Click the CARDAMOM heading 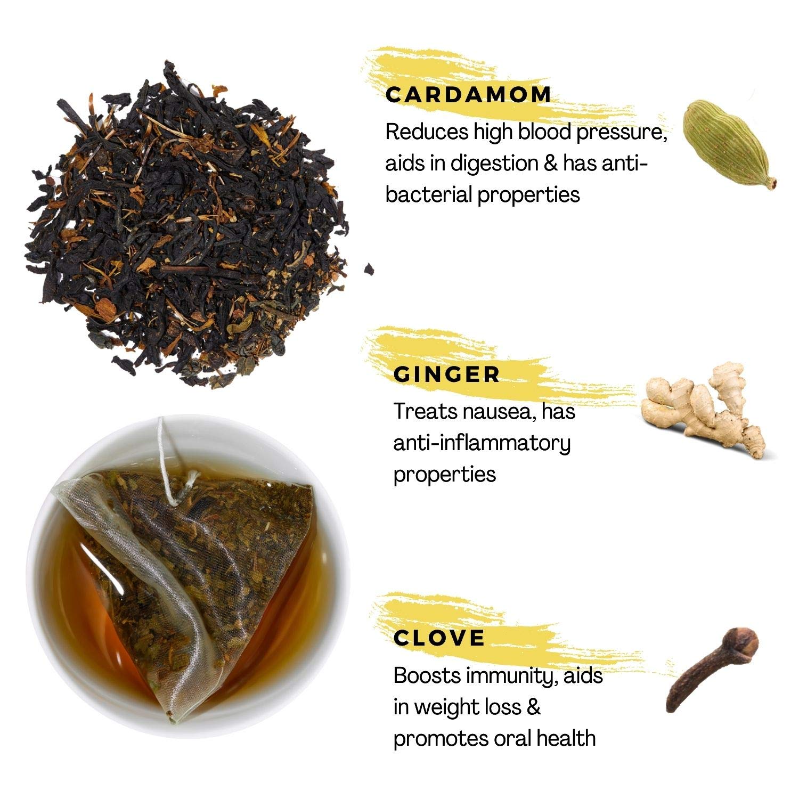click(468, 95)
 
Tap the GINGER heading click(446, 374)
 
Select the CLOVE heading click(439, 638)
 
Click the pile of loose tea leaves click(186, 224)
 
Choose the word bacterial click(428, 194)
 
